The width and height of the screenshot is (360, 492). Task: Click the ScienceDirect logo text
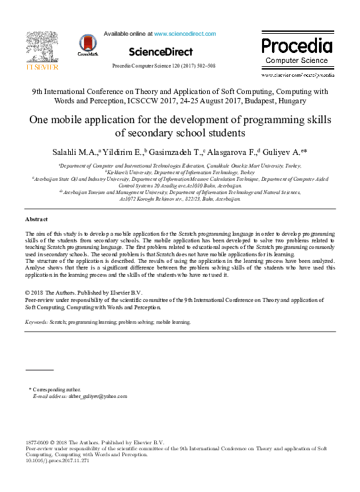coord(161,52)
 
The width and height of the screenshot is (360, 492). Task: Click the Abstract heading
coord(36,219)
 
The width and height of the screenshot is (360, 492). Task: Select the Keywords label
coord(36,322)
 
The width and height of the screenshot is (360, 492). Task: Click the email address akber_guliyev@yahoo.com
coord(97,396)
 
